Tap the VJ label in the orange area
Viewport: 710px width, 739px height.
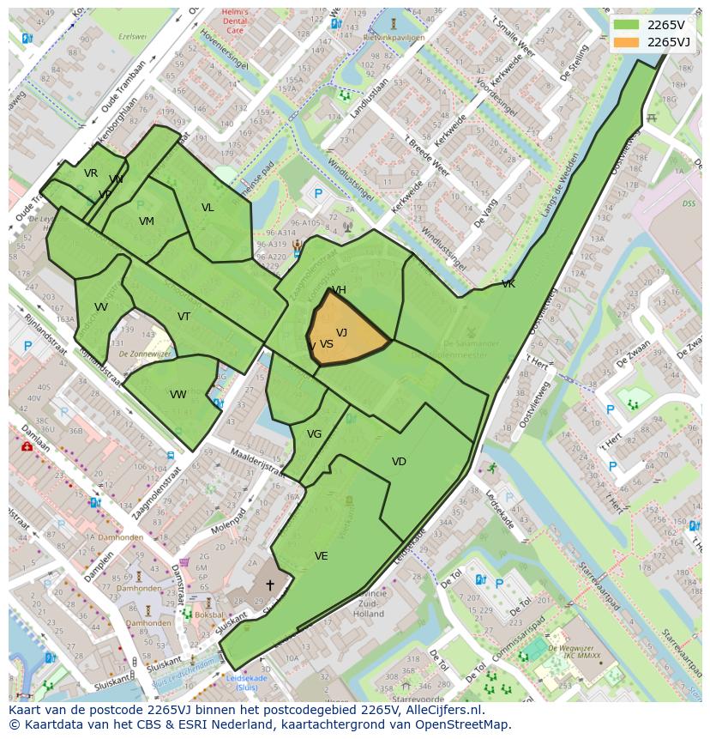click(x=341, y=333)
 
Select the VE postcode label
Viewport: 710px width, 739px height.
click(x=321, y=556)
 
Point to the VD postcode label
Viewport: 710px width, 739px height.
click(x=399, y=462)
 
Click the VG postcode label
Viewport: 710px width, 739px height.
click(x=314, y=434)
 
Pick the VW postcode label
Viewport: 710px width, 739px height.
click(x=178, y=395)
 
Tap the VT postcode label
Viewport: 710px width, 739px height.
click(x=184, y=317)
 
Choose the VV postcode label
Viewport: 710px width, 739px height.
click(x=101, y=307)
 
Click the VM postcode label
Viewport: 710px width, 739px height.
click(x=147, y=221)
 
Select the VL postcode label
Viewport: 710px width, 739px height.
click(x=208, y=208)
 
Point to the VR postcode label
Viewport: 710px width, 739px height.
click(x=91, y=173)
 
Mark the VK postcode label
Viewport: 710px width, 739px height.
click(x=508, y=284)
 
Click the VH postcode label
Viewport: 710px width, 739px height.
click(x=339, y=290)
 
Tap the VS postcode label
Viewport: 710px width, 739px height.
click(x=326, y=344)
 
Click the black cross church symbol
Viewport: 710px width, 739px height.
click(x=269, y=585)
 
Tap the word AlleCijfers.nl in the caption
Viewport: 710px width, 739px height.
click(x=440, y=711)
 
